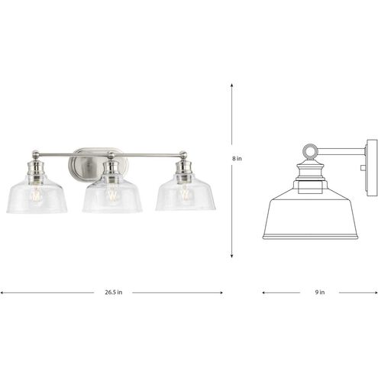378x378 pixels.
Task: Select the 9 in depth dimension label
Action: click(320, 292)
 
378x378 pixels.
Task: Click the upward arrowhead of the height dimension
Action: click(231, 86)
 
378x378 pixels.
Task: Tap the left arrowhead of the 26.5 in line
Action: click(3, 292)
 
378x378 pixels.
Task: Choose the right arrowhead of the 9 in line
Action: click(375, 292)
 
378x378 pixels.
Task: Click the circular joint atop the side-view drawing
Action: click(309, 150)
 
